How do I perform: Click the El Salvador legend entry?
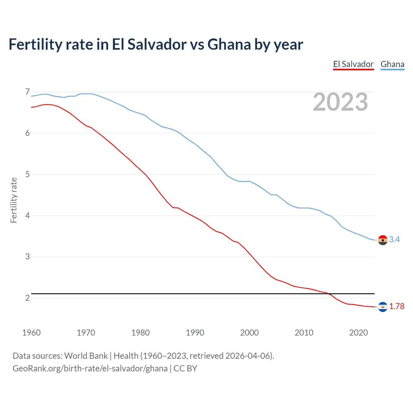point(353,64)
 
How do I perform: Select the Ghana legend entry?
point(392,64)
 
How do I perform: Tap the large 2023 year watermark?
point(340,102)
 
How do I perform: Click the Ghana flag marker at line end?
point(383,240)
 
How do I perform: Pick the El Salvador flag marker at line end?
point(383,307)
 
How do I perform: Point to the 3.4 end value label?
point(394,239)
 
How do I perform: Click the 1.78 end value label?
point(397,306)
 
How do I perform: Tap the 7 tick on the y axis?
point(27,92)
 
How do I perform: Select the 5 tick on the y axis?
point(27,175)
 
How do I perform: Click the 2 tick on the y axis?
point(27,298)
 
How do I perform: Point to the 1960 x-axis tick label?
point(31,333)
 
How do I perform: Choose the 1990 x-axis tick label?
point(195,333)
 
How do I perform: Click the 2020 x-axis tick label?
point(358,333)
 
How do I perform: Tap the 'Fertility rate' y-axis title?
point(14,200)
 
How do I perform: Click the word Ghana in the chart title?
point(229,44)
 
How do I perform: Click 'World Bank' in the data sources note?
point(86,356)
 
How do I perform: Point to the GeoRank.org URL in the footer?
point(90,368)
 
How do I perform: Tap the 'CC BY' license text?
point(185,368)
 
